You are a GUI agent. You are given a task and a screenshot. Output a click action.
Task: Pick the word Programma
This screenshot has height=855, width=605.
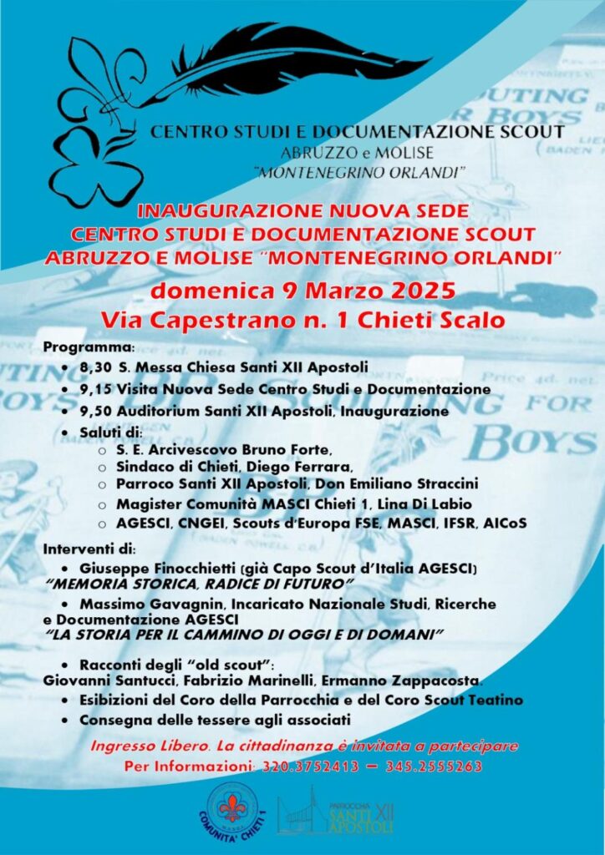click(88, 346)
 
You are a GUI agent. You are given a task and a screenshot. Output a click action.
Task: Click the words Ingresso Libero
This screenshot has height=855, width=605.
click(140, 745)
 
